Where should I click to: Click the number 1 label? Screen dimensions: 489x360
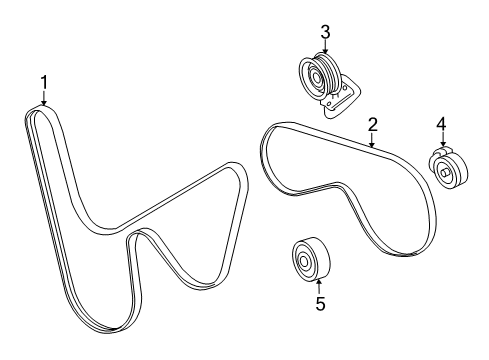[43, 81]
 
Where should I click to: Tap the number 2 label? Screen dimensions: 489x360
[372, 124]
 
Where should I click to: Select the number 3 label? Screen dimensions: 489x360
[325, 30]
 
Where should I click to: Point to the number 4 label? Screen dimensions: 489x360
[441, 124]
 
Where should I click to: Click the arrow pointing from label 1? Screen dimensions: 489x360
[43, 98]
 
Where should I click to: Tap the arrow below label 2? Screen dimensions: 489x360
[372, 140]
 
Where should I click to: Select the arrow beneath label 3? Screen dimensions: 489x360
[325, 45]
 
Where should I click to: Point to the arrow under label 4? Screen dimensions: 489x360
[441, 141]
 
